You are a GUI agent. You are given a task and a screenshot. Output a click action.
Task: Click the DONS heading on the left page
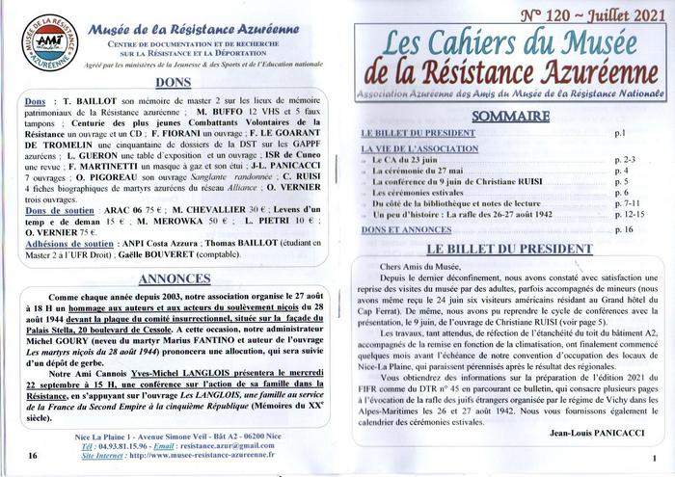pyautogui.click(x=172, y=83)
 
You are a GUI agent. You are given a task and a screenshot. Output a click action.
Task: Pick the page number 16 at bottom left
pyautogui.click(x=35, y=454)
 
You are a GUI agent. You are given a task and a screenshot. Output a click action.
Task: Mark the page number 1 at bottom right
pyautogui.click(x=655, y=459)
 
